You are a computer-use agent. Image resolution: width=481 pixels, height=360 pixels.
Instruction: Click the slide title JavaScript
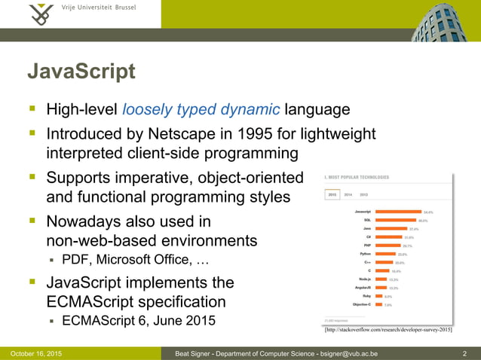[81, 72]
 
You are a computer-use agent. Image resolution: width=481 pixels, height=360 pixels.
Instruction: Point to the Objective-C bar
[379, 305]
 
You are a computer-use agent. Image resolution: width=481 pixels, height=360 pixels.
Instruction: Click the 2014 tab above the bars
[348, 194]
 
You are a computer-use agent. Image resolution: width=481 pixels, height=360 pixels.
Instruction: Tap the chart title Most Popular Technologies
[358, 177]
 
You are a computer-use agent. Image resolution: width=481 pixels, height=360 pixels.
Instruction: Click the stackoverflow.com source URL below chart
[388, 330]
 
